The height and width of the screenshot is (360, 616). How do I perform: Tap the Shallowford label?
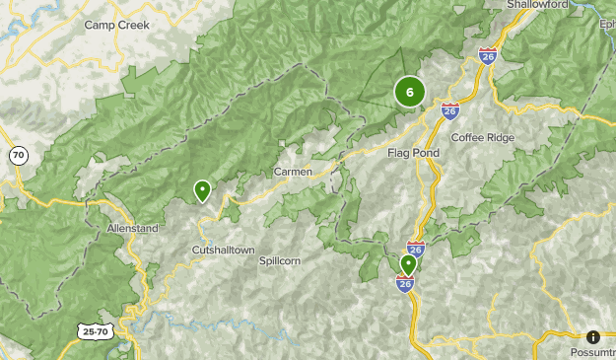[540, 5]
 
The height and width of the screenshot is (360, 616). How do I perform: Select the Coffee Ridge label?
[483, 137]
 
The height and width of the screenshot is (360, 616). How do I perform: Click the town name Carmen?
[293, 172]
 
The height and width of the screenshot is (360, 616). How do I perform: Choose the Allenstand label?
[132, 228]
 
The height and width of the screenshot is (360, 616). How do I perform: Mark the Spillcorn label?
[279, 261]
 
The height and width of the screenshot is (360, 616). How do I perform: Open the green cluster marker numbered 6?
[410, 92]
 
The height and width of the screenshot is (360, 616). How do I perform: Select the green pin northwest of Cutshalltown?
[203, 189]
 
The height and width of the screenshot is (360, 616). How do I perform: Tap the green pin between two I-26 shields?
[408, 264]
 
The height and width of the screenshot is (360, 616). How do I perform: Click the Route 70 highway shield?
[19, 155]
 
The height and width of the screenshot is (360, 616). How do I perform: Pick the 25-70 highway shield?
[97, 332]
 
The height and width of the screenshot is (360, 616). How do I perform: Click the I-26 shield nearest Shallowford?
[488, 56]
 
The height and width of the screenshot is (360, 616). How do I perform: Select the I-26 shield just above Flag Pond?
[449, 110]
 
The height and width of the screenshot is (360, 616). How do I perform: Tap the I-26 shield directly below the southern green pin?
[405, 284]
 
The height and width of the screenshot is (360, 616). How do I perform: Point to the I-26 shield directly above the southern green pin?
[415, 250]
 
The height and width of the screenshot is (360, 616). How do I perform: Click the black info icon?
[593, 336]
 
